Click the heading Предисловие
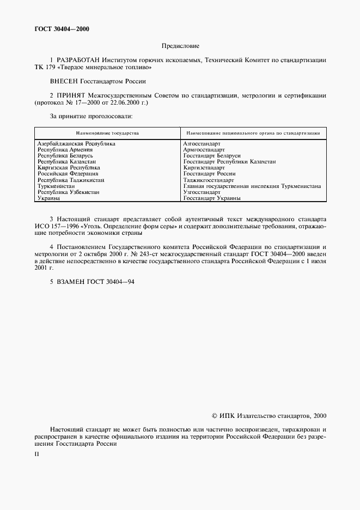180,47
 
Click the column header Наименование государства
107,132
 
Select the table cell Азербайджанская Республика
76,143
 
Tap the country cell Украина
48,198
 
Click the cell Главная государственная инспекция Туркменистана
252,186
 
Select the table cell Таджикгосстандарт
209,180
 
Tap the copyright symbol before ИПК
214,416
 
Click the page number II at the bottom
36,453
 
